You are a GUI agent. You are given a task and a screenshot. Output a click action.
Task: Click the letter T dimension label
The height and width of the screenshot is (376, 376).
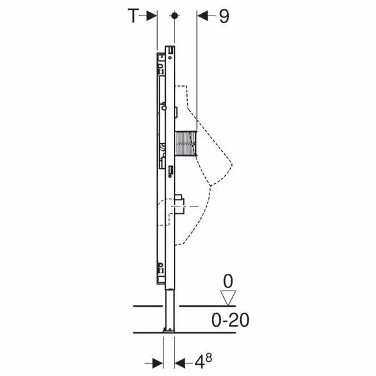click(x=132, y=17)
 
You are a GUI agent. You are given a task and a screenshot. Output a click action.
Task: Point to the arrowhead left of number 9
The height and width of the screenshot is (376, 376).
click(x=203, y=17)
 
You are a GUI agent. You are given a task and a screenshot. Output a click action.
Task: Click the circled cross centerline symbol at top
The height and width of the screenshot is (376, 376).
click(x=177, y=16)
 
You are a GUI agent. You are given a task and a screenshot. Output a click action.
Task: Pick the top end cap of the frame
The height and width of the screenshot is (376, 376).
click(x=169, y=49)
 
